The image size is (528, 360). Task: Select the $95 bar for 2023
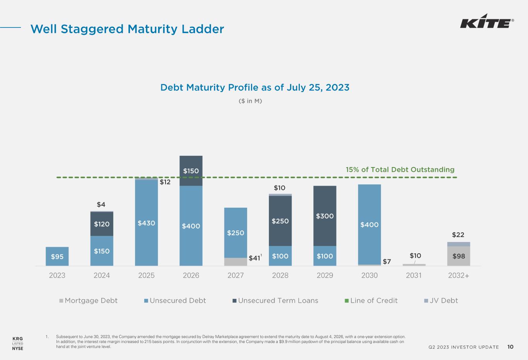click(x=57, y=256)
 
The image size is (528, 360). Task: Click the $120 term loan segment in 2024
click(x=102, y=224)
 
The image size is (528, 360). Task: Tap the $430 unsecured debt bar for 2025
click(x=146, y=223)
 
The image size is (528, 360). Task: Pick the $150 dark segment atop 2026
click(x=191, y=171)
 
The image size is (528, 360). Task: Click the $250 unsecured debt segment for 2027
click(x=236, y=232)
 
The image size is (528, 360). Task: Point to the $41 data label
click(x=254, y=258)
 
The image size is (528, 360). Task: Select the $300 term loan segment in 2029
click(x=325, y=216)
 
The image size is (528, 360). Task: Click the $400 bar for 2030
click(x=369, y=224)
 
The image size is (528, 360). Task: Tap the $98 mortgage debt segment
click(x=458, y=256)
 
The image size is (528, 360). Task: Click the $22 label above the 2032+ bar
click(x=458, y=235)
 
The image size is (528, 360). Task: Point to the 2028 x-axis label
click(x=280, y=275)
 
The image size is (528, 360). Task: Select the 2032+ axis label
click(x=458, y=275)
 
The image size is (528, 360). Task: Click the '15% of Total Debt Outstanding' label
click(x=400, y=169)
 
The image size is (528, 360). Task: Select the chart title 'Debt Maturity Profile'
click(x=255, y=87)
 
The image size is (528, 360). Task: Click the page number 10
click(x=511, y=347)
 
